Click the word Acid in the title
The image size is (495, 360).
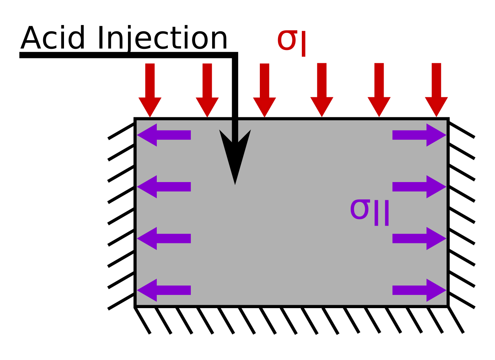coord(52,38)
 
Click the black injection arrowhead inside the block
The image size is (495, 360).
coord(235,155)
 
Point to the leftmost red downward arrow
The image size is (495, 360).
coord(150,91)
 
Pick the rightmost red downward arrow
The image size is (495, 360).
coord(436,91)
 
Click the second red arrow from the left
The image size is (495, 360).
coord(207,91)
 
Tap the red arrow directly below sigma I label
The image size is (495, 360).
coord(322,91)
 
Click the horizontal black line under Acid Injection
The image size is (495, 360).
coord(125,56)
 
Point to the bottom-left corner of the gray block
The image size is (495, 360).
coord(135,306)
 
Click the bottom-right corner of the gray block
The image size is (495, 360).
coord(448,306)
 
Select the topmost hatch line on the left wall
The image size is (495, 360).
coord(121,131)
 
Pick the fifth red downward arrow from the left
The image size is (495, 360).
coord(379,91)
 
